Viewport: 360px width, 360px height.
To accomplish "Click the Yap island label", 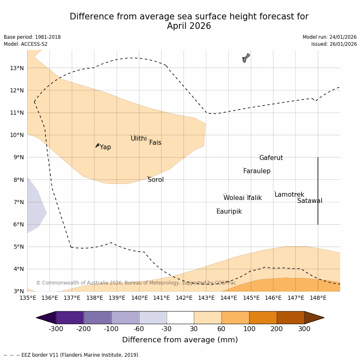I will click(105, 147).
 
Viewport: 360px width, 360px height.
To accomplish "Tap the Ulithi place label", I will click(139, 139).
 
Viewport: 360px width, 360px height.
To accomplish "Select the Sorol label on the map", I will click(155, 180).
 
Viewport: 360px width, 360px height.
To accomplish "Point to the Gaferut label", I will click(271, 158).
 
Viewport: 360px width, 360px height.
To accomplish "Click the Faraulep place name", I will click(256, 171).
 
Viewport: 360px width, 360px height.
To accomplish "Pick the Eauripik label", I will click(229, 212).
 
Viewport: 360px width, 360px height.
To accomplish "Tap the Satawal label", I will click(310, 201).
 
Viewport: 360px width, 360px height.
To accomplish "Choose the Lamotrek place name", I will click(289, 195).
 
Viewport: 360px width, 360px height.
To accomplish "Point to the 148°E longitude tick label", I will click(318, 298).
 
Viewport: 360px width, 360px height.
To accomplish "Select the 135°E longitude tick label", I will click(28, 298).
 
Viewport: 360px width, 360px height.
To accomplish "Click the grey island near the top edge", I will click(246, 58).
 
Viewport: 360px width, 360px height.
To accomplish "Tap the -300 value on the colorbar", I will click(56, 329).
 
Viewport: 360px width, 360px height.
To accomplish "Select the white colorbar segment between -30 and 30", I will click(180, 318).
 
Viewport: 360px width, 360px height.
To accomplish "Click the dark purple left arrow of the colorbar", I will click(46, 318).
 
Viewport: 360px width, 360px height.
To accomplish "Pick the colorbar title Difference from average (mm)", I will click(180, 340).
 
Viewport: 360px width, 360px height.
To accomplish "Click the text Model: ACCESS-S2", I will click(26, 44).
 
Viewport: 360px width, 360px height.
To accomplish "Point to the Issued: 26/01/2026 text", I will click(334, 44).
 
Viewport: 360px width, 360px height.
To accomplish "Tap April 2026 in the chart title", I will click(189, 26).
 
